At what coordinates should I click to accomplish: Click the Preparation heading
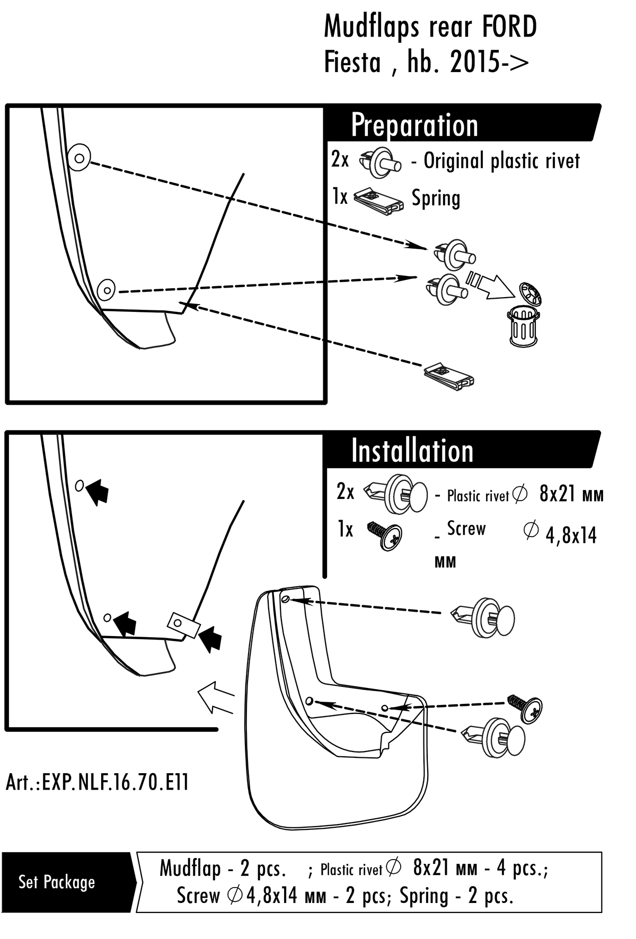(x=414, y=126)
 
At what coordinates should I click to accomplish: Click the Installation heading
(x=412, y=451)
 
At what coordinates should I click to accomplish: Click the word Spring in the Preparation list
(x=436, y=199)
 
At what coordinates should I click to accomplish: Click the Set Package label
(x=57, y=882)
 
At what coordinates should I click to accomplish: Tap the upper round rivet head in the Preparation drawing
(x=79, y=157)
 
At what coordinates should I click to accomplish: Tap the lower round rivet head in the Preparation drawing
(x=108, y=290)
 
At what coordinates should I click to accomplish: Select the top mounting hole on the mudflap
(x=286, y=598)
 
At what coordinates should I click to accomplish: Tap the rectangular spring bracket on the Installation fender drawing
(x=183, y=625)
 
